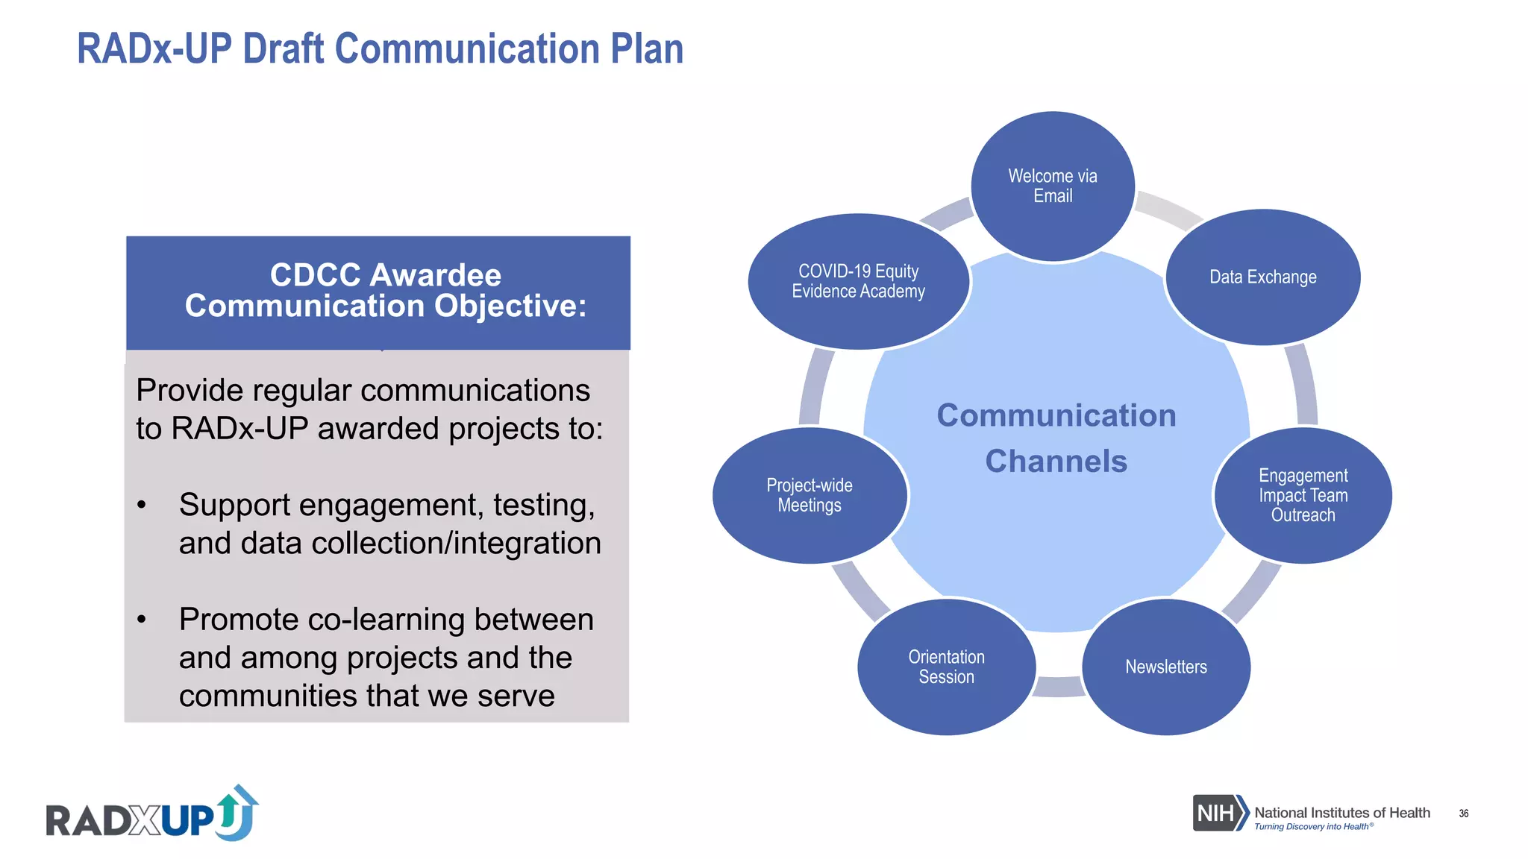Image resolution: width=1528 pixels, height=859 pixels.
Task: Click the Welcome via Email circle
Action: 1052,186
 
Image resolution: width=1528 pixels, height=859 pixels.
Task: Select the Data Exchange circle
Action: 1262,277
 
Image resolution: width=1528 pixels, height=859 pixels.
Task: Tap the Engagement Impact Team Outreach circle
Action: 1303,495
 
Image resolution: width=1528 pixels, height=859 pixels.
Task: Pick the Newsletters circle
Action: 1165,667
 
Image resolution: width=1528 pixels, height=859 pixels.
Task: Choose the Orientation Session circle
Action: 946,667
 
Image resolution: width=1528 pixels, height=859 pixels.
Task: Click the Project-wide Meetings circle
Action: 810,495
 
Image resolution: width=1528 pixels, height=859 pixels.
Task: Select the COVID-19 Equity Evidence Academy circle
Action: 858,281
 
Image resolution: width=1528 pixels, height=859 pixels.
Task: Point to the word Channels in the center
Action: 1056,461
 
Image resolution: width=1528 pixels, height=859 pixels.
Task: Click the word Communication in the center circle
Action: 1056,415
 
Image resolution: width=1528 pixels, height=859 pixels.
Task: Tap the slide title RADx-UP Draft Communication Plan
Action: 380,49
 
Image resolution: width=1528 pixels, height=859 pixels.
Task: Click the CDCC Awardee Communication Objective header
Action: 385,291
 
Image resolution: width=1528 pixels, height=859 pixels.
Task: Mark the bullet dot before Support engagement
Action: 142,506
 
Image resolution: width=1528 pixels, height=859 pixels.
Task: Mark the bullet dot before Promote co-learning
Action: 142,620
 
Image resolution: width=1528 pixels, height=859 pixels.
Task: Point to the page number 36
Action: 1463,814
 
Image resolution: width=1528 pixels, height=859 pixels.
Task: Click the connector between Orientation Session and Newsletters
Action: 1058,687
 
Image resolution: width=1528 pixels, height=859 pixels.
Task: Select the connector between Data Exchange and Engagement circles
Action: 1302,385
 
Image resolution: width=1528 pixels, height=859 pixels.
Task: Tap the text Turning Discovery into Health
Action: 1312,826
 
